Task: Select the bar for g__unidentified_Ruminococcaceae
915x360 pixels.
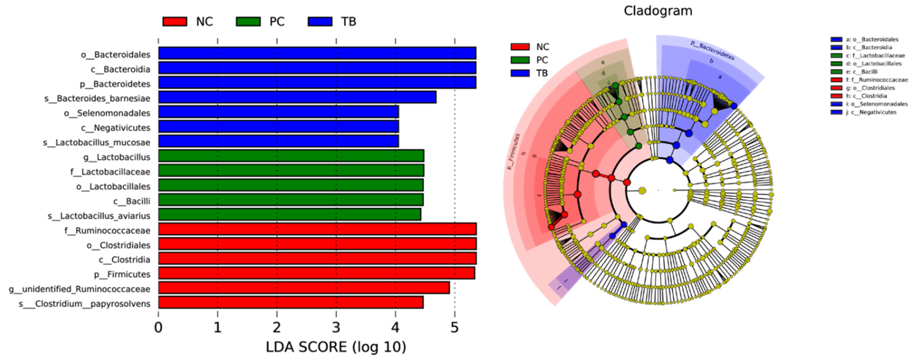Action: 304,288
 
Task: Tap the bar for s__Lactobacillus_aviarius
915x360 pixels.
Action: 289,215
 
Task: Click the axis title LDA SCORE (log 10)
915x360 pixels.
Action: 336,347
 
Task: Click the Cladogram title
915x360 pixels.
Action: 658,11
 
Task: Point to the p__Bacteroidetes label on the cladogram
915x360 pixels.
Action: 712,50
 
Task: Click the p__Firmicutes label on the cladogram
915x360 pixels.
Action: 513,151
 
